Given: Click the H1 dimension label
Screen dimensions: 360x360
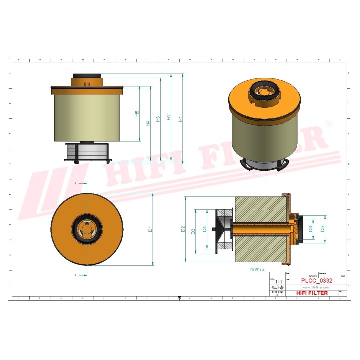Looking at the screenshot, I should click(x=181, y=119).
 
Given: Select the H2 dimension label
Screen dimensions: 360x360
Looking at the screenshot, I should click(x=169, y=117).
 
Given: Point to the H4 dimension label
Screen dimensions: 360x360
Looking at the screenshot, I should click(x=148, y=123).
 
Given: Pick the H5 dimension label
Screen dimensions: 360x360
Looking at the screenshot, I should click(x=137, y=114).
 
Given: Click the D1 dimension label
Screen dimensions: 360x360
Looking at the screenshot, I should click(x=150, y=229).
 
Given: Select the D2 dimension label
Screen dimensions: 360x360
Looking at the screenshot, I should click(x=183, y=229).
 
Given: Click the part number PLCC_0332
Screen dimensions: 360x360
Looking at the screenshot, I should click(x=316, y=281).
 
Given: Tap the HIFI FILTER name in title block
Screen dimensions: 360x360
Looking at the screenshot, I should click(x=312, y=293).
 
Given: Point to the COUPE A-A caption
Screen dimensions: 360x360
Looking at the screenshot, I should click(x=258, y=270).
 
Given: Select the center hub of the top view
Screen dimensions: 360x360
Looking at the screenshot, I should click(x=86, y=229).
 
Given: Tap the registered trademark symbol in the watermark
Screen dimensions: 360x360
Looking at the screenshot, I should click(x=328, y=123).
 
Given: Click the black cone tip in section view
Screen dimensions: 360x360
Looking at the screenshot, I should click(x=215, y=229).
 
